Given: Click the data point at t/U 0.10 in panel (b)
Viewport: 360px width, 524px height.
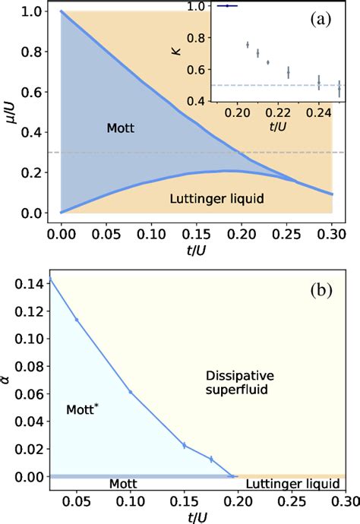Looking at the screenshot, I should tap(130, 392).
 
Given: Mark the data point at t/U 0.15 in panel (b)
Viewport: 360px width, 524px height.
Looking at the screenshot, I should tap(184, 445).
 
